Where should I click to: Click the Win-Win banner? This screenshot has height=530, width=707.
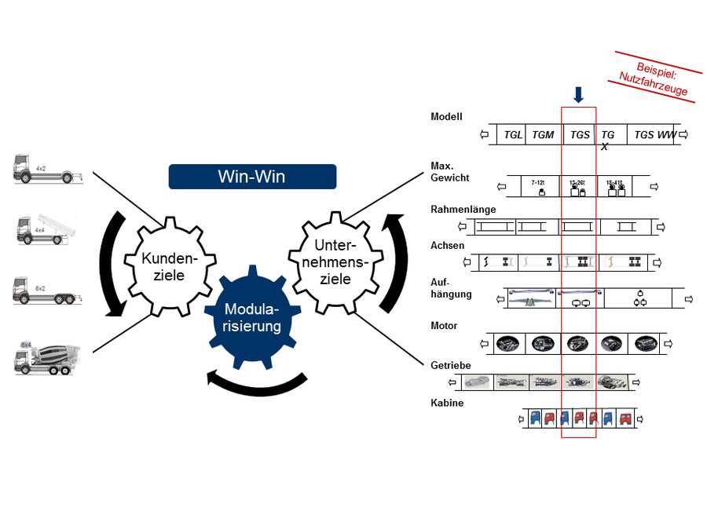pyautogui.click(x=252, y=177)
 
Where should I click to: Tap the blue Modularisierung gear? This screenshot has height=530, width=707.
pyautogui.click(x=251, y=316)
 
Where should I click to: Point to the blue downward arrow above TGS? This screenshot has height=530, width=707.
pyautogui.click(x=579, y=95)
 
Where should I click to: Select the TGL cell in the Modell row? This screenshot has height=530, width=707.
pyautogui.click(x=513, y=135)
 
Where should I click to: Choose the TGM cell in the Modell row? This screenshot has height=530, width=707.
pyautogui.click(x=543, y=135)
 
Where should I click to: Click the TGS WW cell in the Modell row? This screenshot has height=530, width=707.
pyautogui.click(x=654, y=135)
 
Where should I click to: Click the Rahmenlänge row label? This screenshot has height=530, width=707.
pyautogui.click(x=463, y=209)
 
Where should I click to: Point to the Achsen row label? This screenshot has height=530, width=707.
pyautogui.click(x=447, y=245)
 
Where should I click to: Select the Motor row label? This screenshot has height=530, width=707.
pyautogui.click(x=444, y=325)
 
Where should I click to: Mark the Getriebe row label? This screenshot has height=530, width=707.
pyautogui.click(x=451, y=365)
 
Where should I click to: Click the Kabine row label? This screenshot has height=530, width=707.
pyautogui.click(x=447, y=403)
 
